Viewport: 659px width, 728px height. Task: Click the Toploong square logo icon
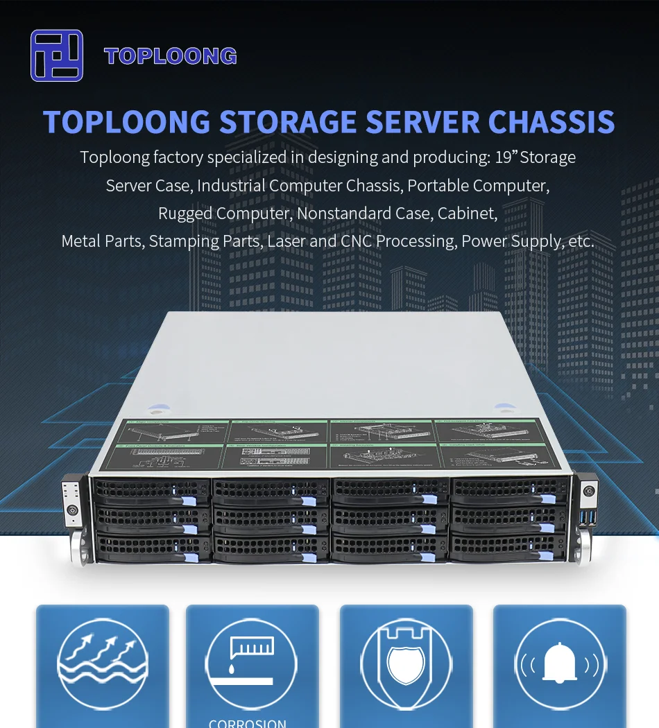point(57,55)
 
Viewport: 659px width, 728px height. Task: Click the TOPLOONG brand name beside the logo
point(171,56)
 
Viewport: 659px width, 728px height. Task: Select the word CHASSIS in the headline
point(551,122)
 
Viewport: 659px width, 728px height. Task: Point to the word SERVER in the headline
point(422,122)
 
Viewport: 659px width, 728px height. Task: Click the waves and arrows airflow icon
point(103,664)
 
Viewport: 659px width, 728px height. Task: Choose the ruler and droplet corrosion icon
point(252,664)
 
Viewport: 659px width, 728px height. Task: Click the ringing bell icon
point(560,664)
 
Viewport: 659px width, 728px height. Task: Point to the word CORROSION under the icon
point(248,722)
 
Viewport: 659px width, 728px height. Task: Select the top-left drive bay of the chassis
point(151,492)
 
